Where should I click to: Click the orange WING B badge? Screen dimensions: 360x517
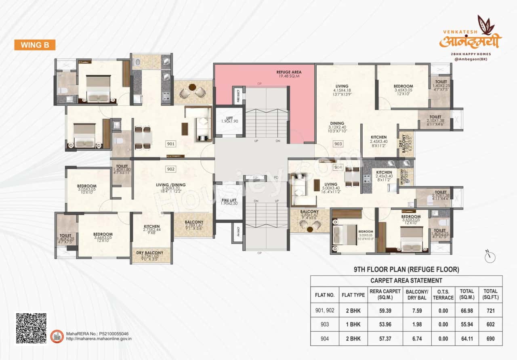click(34, 45)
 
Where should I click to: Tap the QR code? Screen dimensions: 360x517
click(31, 328)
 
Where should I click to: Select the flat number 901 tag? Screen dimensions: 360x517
click(170, 143)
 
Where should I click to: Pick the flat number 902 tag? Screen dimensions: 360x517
click(170, 169)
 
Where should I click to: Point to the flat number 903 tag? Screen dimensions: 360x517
click(338, 144)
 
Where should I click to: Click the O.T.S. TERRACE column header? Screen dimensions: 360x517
click(443, 295)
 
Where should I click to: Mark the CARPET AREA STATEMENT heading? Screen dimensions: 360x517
click(406, 280)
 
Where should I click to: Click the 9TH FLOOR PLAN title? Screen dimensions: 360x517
click(406, 269)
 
